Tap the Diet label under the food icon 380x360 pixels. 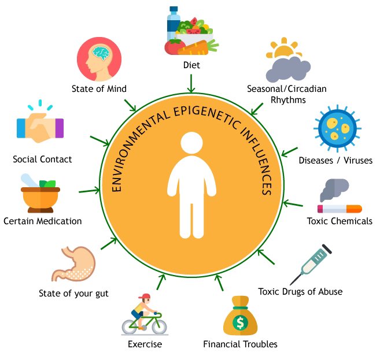coord(190,65)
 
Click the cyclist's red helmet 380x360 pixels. coord(145,297)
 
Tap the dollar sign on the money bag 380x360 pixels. coord(239,320)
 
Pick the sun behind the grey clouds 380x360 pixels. coord(285,52)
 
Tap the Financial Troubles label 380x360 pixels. coord(240,344)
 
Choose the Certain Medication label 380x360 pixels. coord(42,221)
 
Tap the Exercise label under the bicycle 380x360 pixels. coord(145,344)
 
